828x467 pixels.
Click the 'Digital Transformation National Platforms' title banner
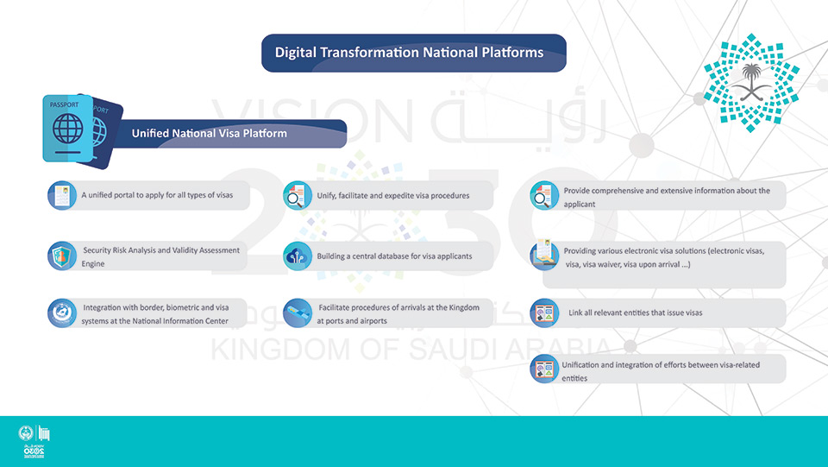(413, 53)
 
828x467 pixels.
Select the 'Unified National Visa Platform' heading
(209, 133)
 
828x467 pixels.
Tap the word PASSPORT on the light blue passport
(64, 104)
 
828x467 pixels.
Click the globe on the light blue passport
(67, 129)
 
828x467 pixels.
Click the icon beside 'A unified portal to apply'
(62, 195)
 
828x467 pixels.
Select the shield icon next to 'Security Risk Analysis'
(62, 256)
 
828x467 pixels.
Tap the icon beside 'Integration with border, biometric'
(62, 313)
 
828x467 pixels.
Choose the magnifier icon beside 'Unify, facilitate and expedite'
(298, 195)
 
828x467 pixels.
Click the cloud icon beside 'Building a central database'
(298, 256)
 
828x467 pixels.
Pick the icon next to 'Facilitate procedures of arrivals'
(298, 313)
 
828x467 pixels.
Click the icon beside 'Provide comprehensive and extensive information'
(544, 195)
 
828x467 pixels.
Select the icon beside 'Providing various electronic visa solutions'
(544, 255)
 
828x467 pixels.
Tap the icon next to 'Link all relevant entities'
(544, 313)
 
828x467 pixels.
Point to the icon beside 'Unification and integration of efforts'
(544, 369)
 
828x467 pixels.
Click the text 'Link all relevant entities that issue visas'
(636, 312)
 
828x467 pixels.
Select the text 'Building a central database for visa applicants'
(394, 256)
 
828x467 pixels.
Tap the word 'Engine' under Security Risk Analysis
(93, 263)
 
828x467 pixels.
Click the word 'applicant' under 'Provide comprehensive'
(580, 205)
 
